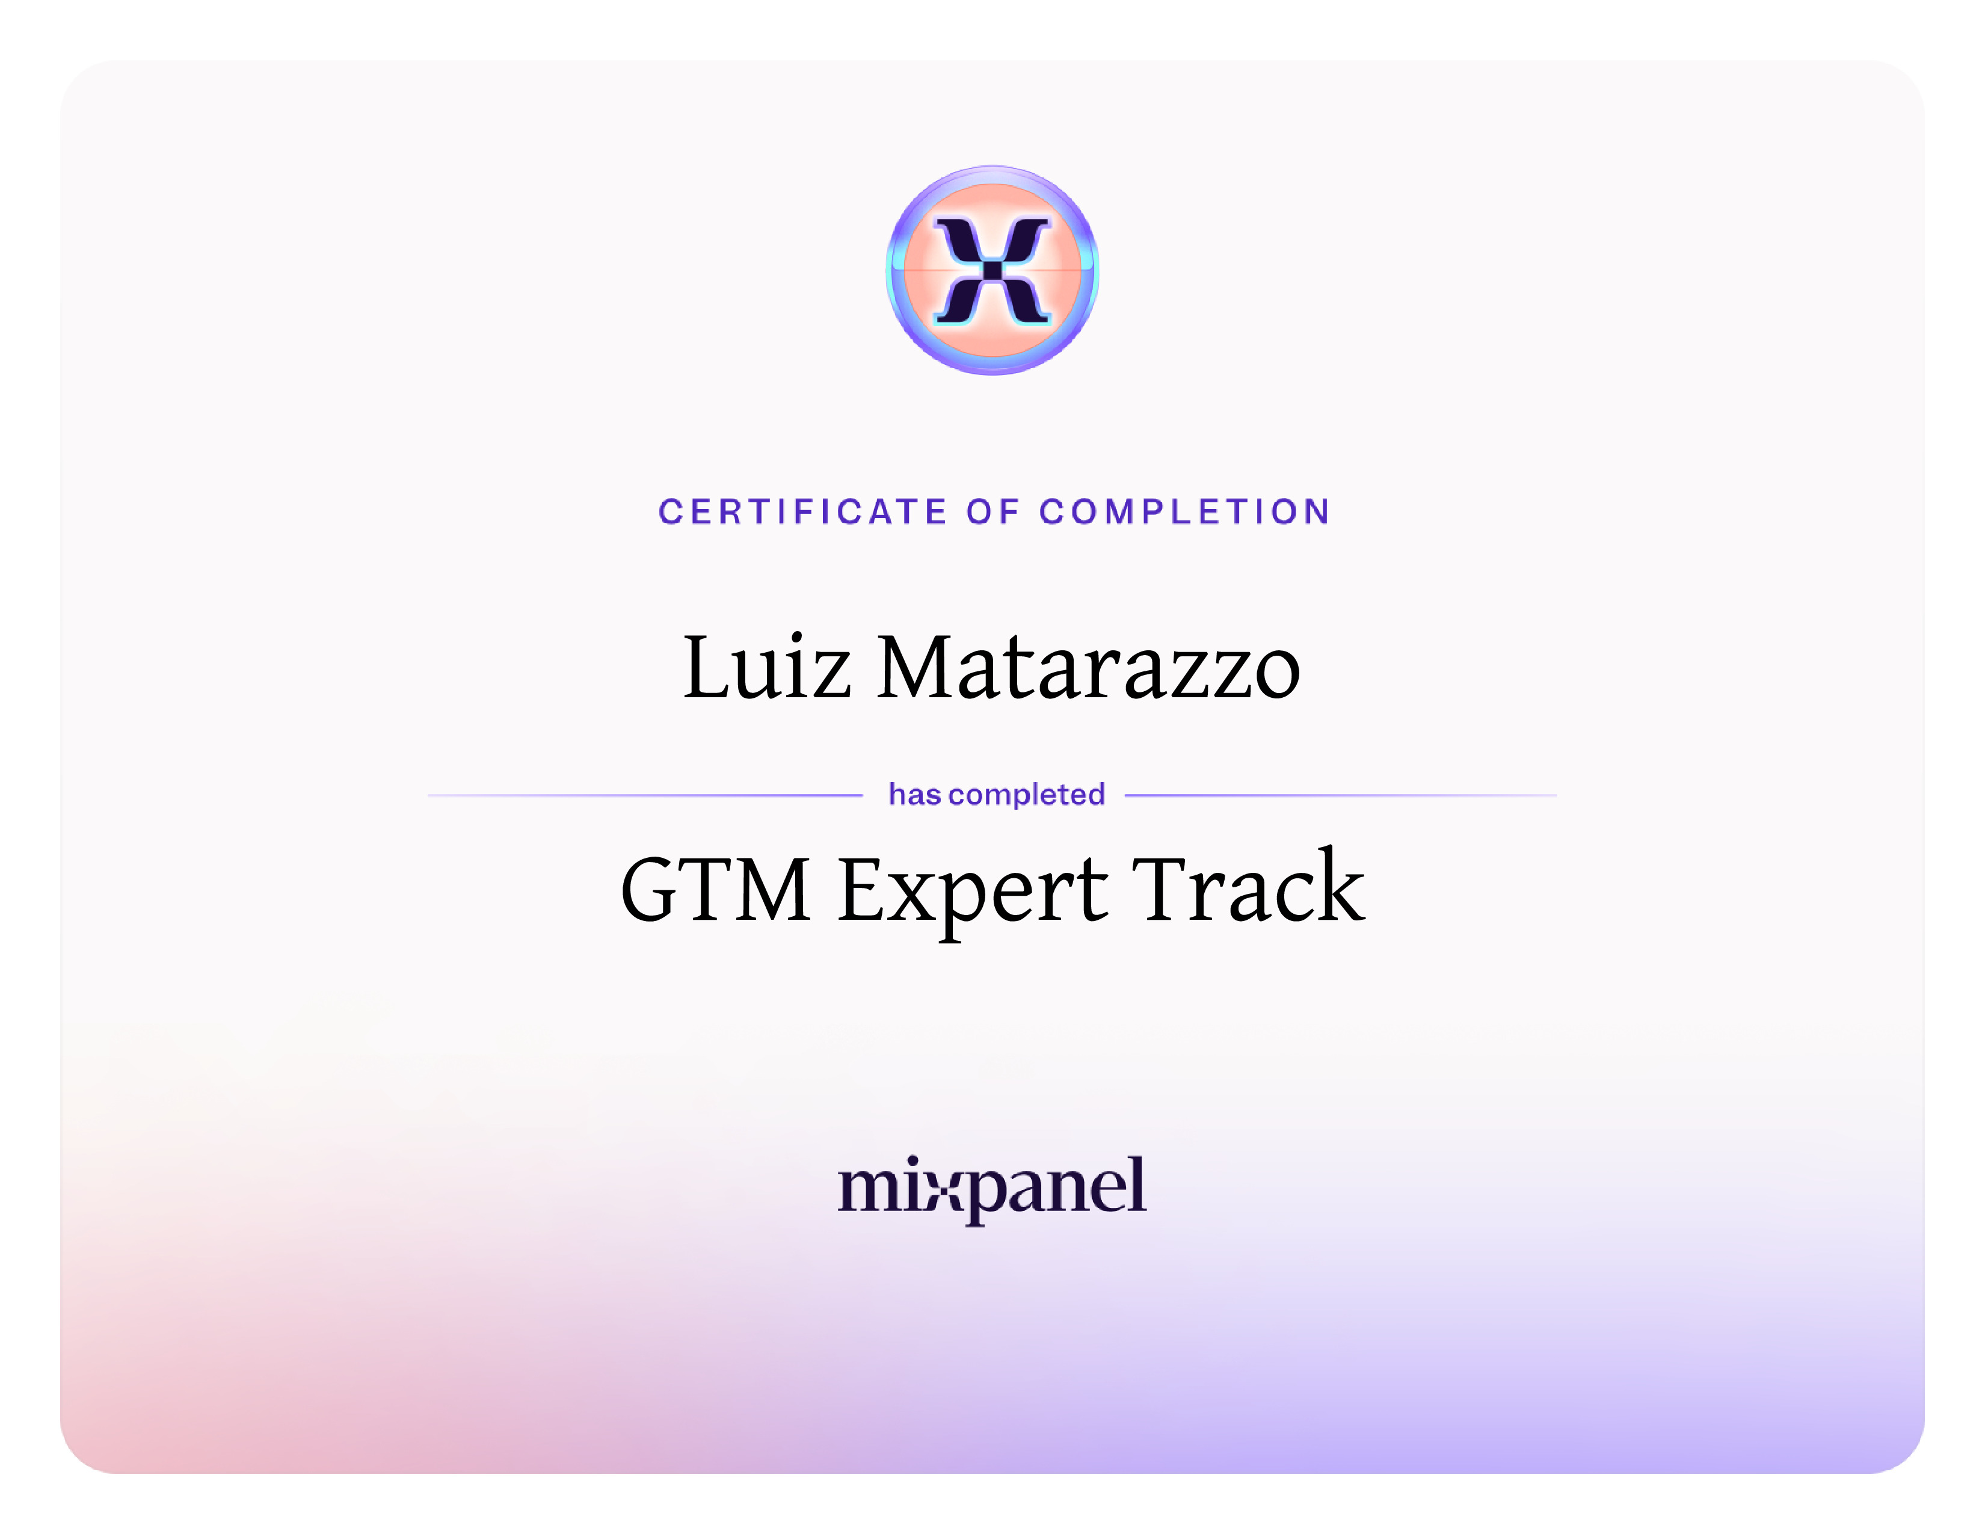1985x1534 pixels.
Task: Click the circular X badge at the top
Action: [993, 270]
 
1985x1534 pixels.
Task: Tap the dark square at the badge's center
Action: [993, 270]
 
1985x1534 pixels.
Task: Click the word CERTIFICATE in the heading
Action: [802, 512]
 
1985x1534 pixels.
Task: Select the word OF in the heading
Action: [993, 512]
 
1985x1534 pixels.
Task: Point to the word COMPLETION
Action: [1185, 512]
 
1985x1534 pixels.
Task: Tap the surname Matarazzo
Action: [1089, 668]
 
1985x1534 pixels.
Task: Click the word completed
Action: [1027, 795]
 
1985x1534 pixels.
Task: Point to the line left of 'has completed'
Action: [644, 795]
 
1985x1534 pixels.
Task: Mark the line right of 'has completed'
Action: [1341, 795]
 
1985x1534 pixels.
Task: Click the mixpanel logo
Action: [991, 1189]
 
